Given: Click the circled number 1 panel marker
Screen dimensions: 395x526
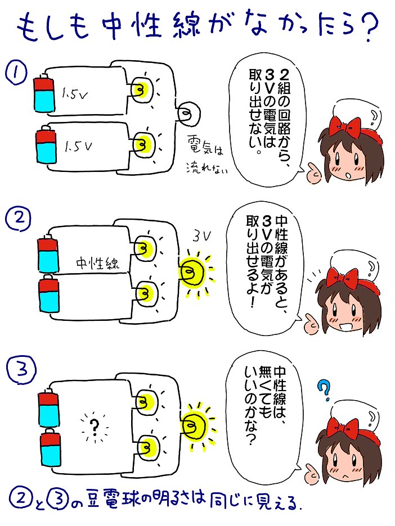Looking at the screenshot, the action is point(16,72).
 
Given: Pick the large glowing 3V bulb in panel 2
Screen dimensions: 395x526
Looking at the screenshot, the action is point(190,273).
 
